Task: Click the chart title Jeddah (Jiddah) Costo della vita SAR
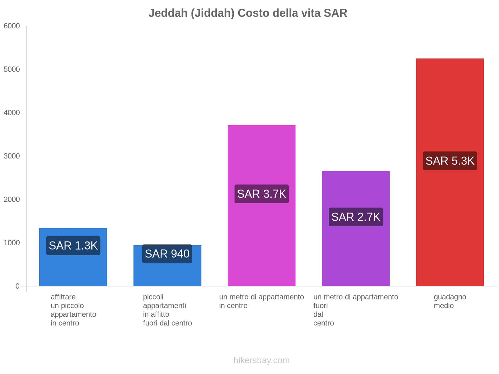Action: [x=248, y=13]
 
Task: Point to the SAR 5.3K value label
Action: [x=450, y=161]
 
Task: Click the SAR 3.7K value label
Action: [x=261, y=194]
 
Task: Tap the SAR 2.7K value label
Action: [x=356, y=217]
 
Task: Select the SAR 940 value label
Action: [x=167, y=254]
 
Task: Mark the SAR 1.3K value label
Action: [x=73, y=246]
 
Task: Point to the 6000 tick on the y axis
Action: [x=12, y=26]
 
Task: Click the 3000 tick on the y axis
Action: [x=12, y=156]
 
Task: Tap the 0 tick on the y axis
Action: [x=17, y=286]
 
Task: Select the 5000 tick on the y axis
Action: [x=12, y=70]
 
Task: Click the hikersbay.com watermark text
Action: [x=261, y=360]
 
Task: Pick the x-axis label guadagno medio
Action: [x=450, y=301]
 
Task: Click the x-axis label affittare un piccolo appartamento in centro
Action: [x=73, y=310]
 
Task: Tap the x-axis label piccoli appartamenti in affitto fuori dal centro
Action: [x=167, y=310]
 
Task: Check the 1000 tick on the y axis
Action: [x=12, y=243]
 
